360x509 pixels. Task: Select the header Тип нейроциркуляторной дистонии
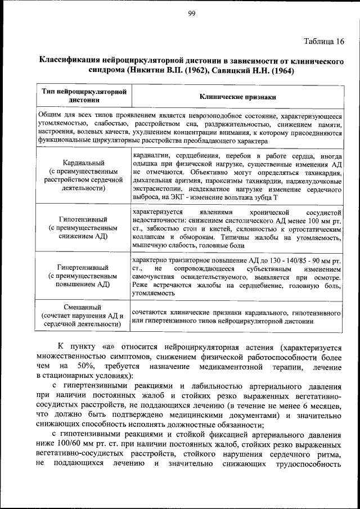coord(84,96)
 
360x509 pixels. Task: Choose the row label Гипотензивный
coord(83,219)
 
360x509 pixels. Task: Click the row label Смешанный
coord(83,307)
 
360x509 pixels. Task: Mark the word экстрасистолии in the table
coord(156,190)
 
